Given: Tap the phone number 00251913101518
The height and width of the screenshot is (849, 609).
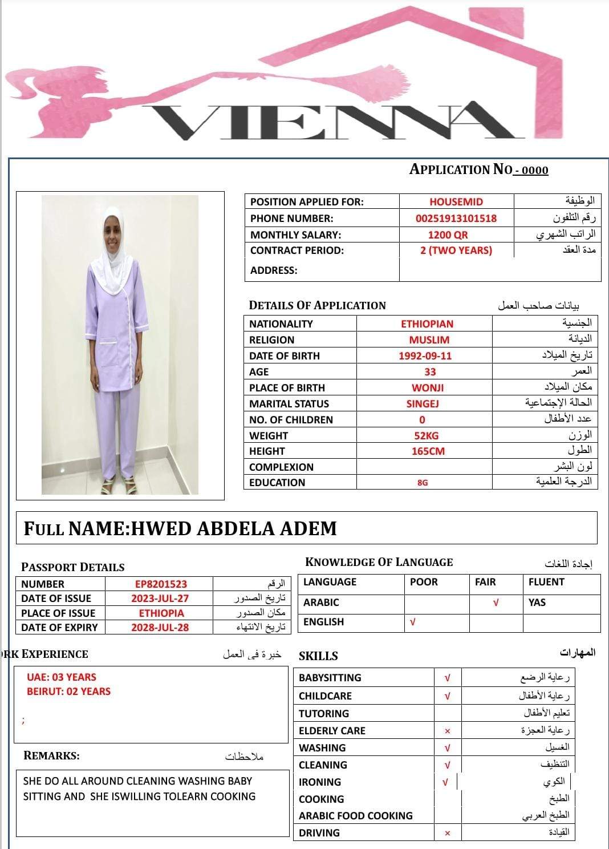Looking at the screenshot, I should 456,218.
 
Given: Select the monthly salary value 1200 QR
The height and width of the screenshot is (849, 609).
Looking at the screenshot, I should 448,235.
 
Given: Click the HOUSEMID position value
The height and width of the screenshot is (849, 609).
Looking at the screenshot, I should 456,201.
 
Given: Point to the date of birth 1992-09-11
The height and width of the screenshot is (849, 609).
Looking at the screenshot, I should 425,355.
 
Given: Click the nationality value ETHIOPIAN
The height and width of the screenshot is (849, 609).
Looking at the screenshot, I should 427,324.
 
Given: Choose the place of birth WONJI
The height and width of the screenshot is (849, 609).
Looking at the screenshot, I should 428,387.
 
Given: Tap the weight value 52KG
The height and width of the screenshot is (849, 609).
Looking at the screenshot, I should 426,435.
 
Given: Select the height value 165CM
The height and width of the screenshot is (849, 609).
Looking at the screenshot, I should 428,451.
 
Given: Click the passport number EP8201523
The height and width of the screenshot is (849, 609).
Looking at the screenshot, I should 161,584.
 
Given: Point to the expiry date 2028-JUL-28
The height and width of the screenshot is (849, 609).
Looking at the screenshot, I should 160,627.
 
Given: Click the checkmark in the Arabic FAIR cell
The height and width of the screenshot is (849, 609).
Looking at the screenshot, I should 496,603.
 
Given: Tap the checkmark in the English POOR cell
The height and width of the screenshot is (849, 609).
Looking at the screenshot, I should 413,622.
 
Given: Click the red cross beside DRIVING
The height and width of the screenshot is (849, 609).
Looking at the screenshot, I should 448,833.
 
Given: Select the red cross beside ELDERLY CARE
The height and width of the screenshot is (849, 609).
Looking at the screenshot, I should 448,731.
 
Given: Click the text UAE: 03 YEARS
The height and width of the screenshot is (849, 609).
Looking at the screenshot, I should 62,677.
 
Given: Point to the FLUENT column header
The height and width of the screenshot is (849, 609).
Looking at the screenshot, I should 546,582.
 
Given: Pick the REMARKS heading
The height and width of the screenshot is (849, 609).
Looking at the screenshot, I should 51,755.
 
